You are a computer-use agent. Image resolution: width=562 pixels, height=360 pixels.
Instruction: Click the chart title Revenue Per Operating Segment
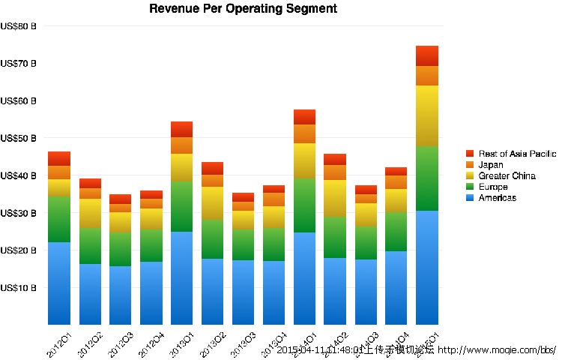pos(243,9)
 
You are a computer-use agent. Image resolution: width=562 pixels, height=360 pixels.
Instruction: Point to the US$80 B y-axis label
pos(19,26)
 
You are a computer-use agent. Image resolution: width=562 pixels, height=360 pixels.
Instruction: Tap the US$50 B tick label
pos(19,138)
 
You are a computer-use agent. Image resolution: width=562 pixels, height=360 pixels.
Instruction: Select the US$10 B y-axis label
pos(19,287)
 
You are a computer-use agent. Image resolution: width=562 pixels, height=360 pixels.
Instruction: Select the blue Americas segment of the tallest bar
pos(427,266)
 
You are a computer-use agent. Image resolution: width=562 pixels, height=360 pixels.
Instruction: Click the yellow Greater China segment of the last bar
pos(427,115)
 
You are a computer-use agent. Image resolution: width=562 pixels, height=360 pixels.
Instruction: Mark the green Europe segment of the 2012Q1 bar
pos(59,219)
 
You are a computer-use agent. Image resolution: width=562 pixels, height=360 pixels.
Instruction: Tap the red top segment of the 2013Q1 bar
pos(182,129)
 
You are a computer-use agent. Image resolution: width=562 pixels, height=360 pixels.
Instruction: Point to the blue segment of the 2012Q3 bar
pos(121,294)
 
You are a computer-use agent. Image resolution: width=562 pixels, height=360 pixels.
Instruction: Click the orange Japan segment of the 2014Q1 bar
pos(304,133)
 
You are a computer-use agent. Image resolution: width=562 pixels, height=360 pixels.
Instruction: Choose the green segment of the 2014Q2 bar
pos(335,237)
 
